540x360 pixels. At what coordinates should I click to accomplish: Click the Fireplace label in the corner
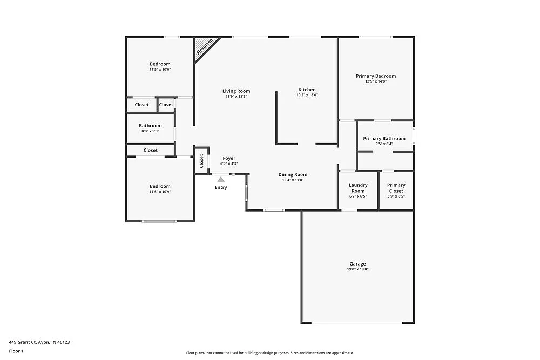[x=204, y=47]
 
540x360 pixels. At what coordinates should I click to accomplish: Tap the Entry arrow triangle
[x=221, y=179]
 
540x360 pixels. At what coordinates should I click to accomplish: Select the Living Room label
[x=237, y=91]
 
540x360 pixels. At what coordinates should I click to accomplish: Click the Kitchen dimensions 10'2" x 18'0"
[x=307, y=95]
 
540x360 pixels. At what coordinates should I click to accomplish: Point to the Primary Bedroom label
[x=376, y=76]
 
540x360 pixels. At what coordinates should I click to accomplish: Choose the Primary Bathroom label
[x=384, y=139]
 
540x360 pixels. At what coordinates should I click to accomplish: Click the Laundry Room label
[x=358, y=188]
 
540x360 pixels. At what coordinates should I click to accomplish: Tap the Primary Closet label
[x=396, y=188]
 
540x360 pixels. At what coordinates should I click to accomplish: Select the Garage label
[x=357, y=264]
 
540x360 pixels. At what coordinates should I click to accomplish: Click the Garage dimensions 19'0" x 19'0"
[x=357, y=270]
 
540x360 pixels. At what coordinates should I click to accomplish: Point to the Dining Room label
[x=293, y=174]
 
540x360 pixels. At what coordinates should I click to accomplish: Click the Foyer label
[x=229, y=159]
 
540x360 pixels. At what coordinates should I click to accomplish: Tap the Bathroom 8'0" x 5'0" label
[x=150, y=128]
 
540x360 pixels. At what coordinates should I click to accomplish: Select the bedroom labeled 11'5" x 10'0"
[x=160, y=66]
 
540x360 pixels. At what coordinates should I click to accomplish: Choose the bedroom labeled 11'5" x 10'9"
[x=160, y=189]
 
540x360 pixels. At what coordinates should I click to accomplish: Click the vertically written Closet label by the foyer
[x=201, y=161]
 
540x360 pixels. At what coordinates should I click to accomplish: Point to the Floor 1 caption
[x=16, y=351]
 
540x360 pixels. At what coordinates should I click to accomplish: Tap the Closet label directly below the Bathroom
[x=151, y=150]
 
